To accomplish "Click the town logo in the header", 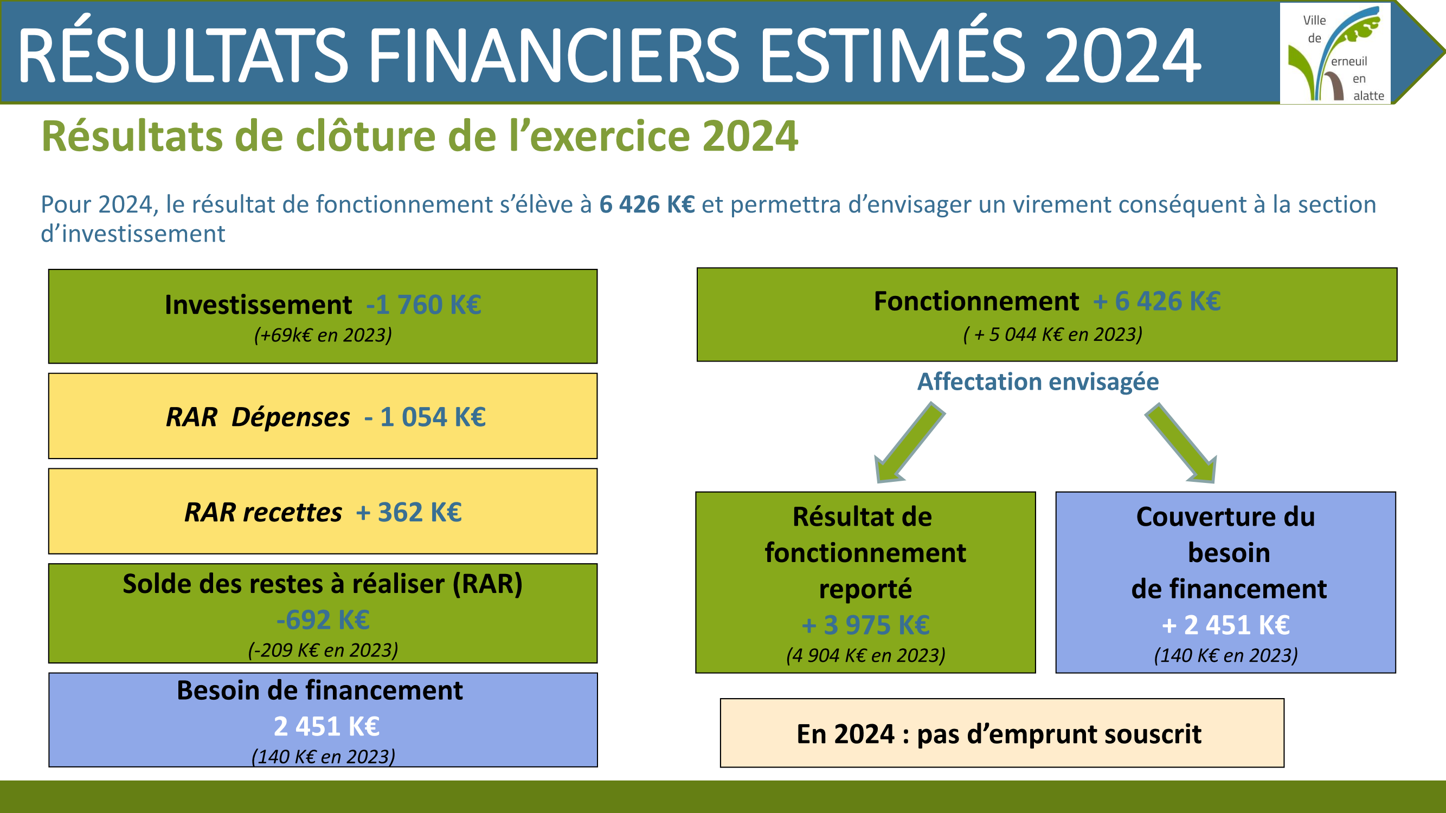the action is pos(1335,53).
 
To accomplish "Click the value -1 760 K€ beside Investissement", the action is pos(423,305).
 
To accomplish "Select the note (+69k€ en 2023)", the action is pos(323,335).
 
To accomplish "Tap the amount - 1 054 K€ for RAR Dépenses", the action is pos(425,417).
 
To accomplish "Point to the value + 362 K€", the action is pos(409,512).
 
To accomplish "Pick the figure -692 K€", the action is pos(323,620).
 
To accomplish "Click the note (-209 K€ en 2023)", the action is pos(323,650).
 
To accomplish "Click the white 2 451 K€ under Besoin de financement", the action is pos(326,726).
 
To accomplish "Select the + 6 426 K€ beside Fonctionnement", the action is pos(1156,301).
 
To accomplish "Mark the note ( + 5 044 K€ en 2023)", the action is pos(1052,334).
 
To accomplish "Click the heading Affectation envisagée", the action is pos(1038,382).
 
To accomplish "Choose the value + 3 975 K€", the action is pos(865,625).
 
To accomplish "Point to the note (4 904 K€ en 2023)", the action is pos(865,655).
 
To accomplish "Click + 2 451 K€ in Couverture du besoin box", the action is pos(1225,625).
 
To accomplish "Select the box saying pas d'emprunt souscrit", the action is pos(1002,733).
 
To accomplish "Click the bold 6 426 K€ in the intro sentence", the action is pos(647,204).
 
